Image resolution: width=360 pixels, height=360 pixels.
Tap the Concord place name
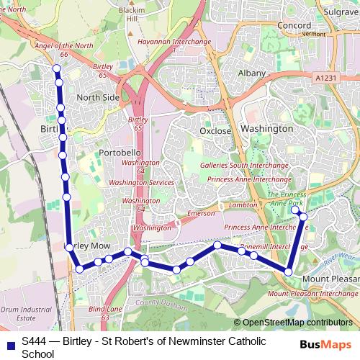click(294, 25)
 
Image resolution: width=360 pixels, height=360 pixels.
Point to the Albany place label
click(251, 74)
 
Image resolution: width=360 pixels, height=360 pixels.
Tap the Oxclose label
click(215, 131)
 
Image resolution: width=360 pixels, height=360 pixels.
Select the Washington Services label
click(142, 183)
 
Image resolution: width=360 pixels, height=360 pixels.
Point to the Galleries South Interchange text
click(244, 165)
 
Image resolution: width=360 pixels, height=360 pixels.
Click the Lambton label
click(243, 205)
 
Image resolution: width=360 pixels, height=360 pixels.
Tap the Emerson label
click(201, 213)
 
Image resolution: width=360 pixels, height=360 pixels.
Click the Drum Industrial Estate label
click(17, 312)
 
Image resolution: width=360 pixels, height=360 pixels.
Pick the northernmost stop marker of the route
click(57, 68)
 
